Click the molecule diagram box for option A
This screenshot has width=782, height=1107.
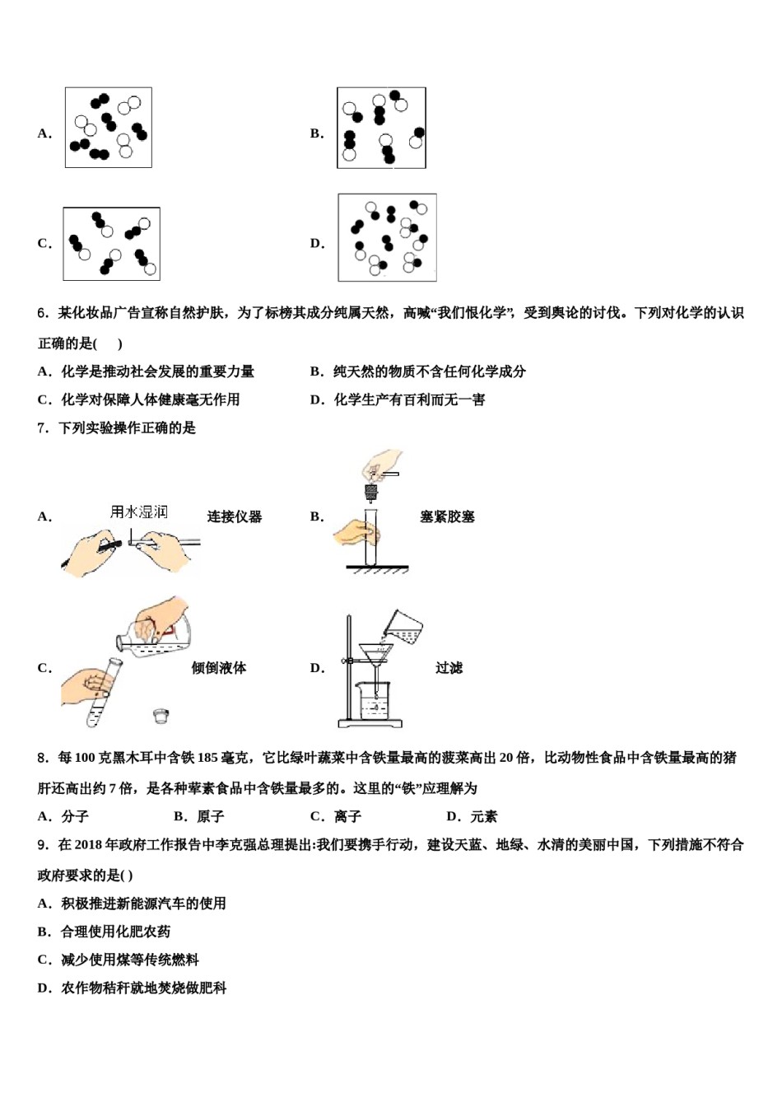click(109, 128)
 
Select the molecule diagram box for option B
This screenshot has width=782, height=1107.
click(381, 128)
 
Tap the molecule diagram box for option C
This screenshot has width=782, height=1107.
click(111, 244)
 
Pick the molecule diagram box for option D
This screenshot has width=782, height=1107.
click(387, 238)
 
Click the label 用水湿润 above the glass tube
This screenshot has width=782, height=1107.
click(139, 512)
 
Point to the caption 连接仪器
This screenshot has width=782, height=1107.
click(235, 517)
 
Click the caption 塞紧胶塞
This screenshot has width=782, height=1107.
click(447, 517)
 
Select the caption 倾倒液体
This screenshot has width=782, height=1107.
click(219, 668)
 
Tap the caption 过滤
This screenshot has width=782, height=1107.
click(449, 668)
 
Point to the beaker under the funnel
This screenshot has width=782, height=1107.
click(376, 702)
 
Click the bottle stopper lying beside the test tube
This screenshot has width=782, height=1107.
click(161, 716)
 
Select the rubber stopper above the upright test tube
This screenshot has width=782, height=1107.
click(370, 493)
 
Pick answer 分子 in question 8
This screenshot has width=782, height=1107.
click(75, 816)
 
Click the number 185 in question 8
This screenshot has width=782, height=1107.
click(208, 758)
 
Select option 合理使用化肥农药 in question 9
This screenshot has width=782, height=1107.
click(116, 932)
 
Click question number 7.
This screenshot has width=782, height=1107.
click(43, 428)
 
